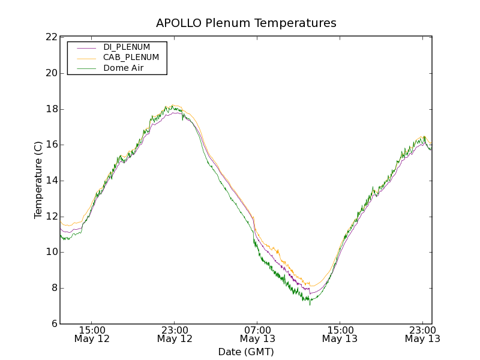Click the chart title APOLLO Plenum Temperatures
click(246, 23)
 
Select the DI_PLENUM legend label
click(127, 47)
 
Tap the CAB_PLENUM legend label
click(131, 58)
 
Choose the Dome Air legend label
click(124, 68)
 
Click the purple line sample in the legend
click(86, 47)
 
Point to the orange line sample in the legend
click(86, 58)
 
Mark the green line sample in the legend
click(86, 68)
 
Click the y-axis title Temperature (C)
click(38, 180)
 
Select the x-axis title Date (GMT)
click(246, 352)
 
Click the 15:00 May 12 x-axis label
click(92, 334)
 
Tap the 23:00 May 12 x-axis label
click(175, 334)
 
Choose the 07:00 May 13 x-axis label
click(257, 334)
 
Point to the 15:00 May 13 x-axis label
click(340, 334)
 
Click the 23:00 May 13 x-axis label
click(422, 334)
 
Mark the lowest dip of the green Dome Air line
click(310, 305)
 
